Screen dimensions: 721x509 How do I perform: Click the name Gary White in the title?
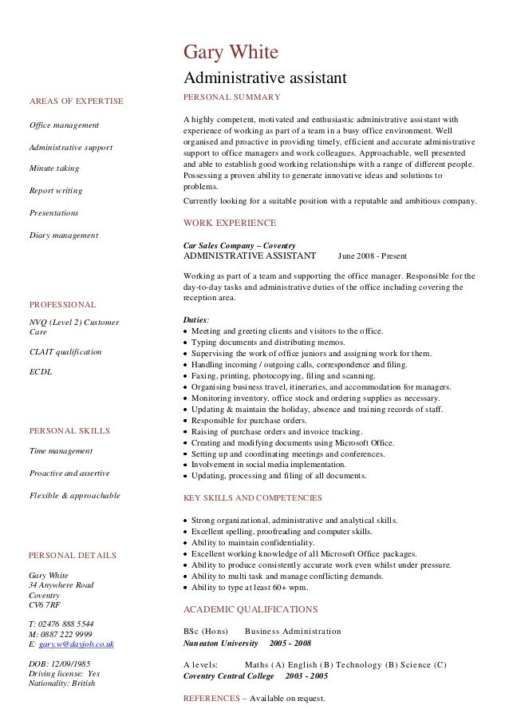[x=231, y=53]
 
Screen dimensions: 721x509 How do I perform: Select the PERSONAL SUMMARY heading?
[x=231, y=97]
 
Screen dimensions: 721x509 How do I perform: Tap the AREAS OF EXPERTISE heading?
[x=76, y=101]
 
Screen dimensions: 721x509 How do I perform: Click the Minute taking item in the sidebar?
[x=53, y=168]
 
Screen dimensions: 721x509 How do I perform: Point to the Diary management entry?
[x=63, y=235]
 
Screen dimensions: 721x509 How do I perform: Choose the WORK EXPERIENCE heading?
[x=230, y=223]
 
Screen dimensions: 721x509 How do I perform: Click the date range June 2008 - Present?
[x=372, y=256]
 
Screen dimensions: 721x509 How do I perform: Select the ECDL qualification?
[x=40, y=371]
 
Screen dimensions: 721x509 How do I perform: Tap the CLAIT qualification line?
[x=65, y=351]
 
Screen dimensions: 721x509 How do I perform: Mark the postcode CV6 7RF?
[x=44, y=604]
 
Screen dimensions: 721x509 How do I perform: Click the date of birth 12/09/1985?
[x=70, y=663]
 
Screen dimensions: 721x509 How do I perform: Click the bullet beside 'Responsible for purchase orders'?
[x=186, y=421]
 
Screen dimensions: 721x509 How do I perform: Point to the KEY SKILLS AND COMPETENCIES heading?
[x=252, y=497]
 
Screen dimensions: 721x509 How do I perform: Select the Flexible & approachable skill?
[x=74, y=495]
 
